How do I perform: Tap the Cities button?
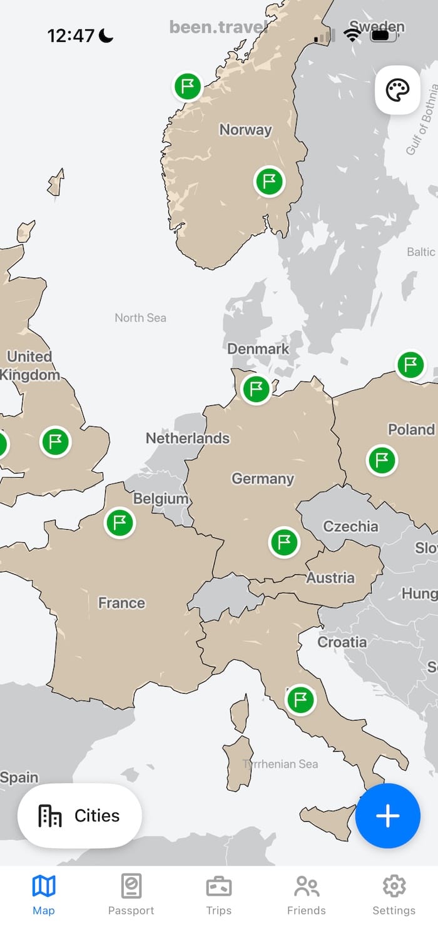[79, 816]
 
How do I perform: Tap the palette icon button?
[397, 90]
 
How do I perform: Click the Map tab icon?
[44, 886]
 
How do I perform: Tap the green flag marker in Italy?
[301, 699]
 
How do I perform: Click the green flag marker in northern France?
[120, 522]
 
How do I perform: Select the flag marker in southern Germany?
[284, 542]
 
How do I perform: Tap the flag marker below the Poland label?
[382, 460]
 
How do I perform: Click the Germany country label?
[263, 479]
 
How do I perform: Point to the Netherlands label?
[188, 438]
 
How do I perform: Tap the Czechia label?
[350, 527]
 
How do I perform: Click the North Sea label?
[141, 318]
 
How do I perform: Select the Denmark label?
[258, 349]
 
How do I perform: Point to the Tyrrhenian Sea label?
[280, 764]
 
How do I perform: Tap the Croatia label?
[342, 642]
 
